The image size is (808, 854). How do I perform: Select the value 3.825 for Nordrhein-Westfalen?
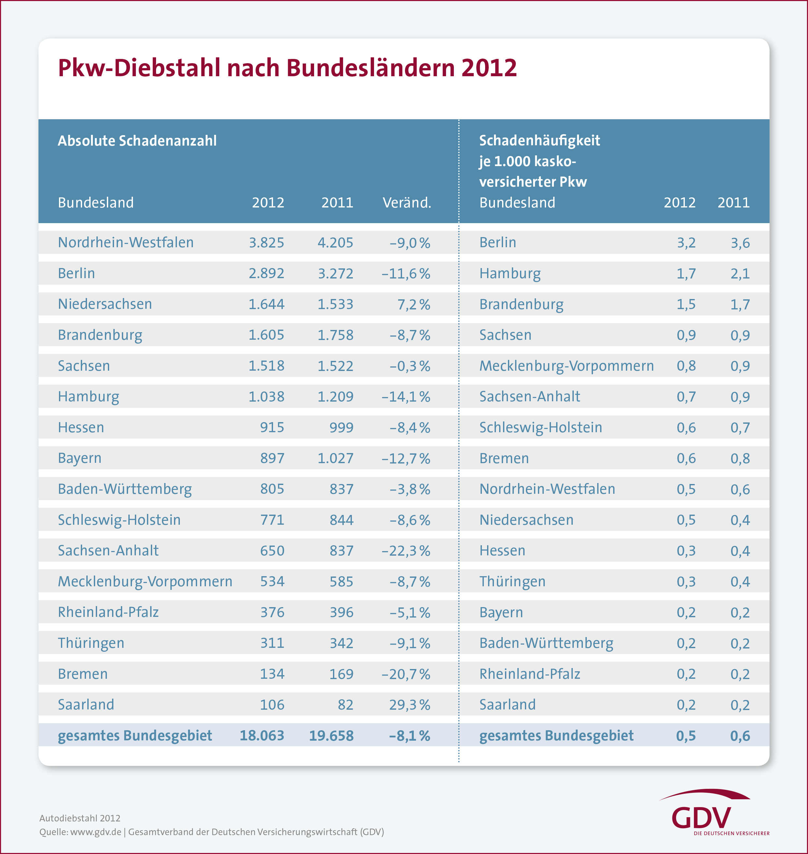point(266,242)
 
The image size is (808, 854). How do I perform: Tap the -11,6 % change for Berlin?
point(406,274)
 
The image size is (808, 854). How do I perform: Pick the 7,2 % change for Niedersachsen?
point(413,305)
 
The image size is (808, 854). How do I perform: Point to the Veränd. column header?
point(407,202)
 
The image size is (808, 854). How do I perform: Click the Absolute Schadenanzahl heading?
point(137,141)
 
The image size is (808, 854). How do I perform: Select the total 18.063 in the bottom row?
point(262,735)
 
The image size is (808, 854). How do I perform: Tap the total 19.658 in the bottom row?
point(331,735)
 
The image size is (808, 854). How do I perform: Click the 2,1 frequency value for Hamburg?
point(740,274)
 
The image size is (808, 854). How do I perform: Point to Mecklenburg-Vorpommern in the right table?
point(566,366)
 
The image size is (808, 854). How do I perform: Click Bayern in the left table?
point(80,458)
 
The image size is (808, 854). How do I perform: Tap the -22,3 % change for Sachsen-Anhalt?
point(406,551)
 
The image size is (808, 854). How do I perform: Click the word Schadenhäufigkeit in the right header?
point(539,140)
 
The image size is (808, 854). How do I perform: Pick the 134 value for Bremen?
point(272,674)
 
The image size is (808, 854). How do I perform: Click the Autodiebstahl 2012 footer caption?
point(80,818)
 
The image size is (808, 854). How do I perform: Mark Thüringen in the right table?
point(512,582)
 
